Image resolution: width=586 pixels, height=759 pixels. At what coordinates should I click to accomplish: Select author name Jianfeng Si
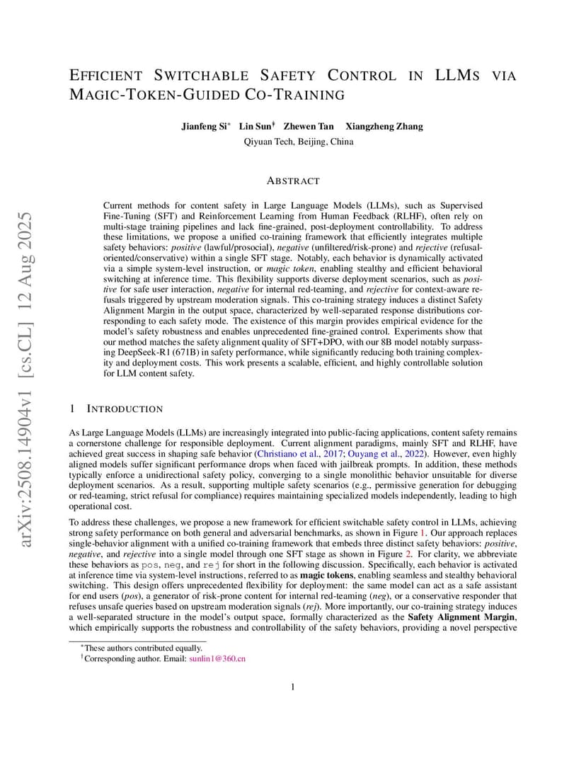click(x=205, y=127)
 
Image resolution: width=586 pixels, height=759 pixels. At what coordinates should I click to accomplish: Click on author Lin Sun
click(x=255, y=127)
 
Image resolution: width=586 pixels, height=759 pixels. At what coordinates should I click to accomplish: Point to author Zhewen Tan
click(x=309, y=127)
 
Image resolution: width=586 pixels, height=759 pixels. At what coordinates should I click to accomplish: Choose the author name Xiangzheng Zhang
click(x=384, y=127)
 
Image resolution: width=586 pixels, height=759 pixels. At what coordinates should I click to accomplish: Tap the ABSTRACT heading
click(x=293, y=181)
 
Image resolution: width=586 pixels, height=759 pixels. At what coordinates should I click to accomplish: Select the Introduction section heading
click(x=125, y=409)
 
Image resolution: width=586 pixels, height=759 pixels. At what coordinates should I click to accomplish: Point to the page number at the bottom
click(x=293, y=685)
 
